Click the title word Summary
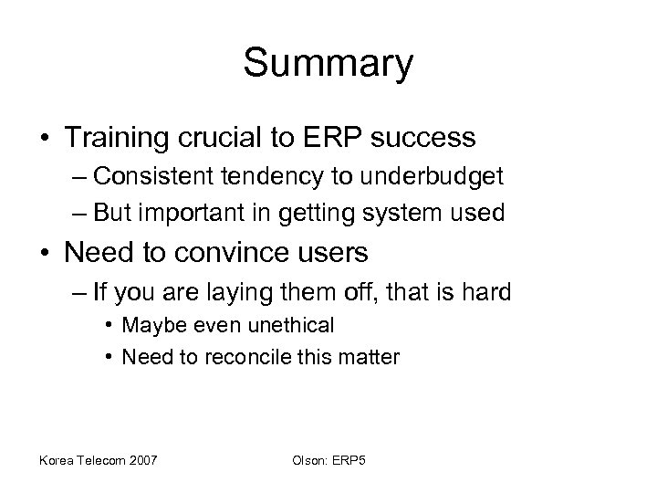pyautogui.click(x=328, y=65)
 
